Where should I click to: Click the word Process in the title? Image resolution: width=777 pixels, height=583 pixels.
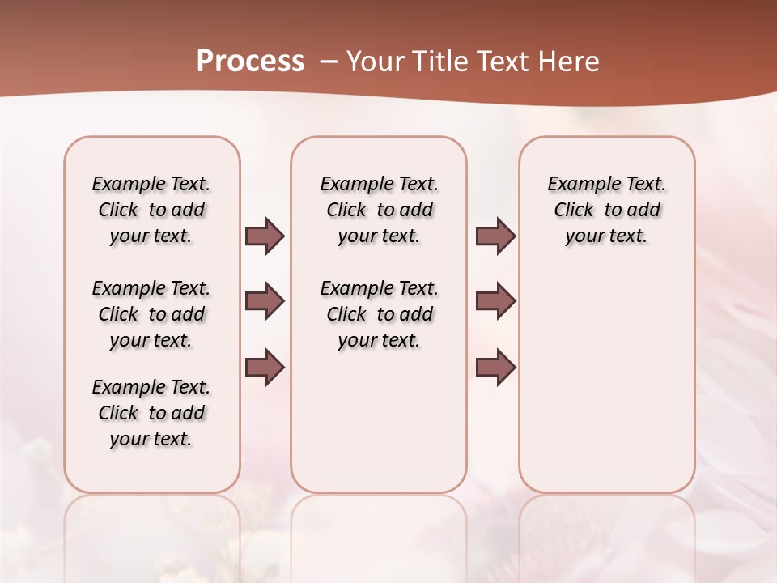pos(250,61)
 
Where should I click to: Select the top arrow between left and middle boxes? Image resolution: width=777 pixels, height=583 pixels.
pos(265,236)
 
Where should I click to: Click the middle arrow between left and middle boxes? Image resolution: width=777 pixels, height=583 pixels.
pos(265,301)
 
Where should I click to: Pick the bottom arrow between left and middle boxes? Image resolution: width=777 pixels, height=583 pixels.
pos(265,367)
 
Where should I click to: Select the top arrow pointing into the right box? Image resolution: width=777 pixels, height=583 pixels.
pos(495,236)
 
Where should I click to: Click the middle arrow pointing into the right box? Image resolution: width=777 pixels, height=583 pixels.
pos(495,301)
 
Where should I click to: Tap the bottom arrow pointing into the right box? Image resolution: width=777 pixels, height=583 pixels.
pos(495,367)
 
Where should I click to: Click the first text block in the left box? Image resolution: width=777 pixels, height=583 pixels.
pos(151,210)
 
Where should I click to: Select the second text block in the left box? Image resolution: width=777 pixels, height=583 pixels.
pos(151,314)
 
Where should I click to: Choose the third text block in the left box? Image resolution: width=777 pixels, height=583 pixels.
pos(151,413)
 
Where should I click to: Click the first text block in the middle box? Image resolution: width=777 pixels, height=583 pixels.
pos(379,210)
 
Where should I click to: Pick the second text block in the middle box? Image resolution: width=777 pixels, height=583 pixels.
pos(379,314)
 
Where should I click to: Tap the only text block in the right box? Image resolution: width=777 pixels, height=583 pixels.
pos(607,210)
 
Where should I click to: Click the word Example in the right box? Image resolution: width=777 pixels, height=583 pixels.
pos(576,184)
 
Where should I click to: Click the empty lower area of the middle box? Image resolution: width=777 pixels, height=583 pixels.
pos(379,421)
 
